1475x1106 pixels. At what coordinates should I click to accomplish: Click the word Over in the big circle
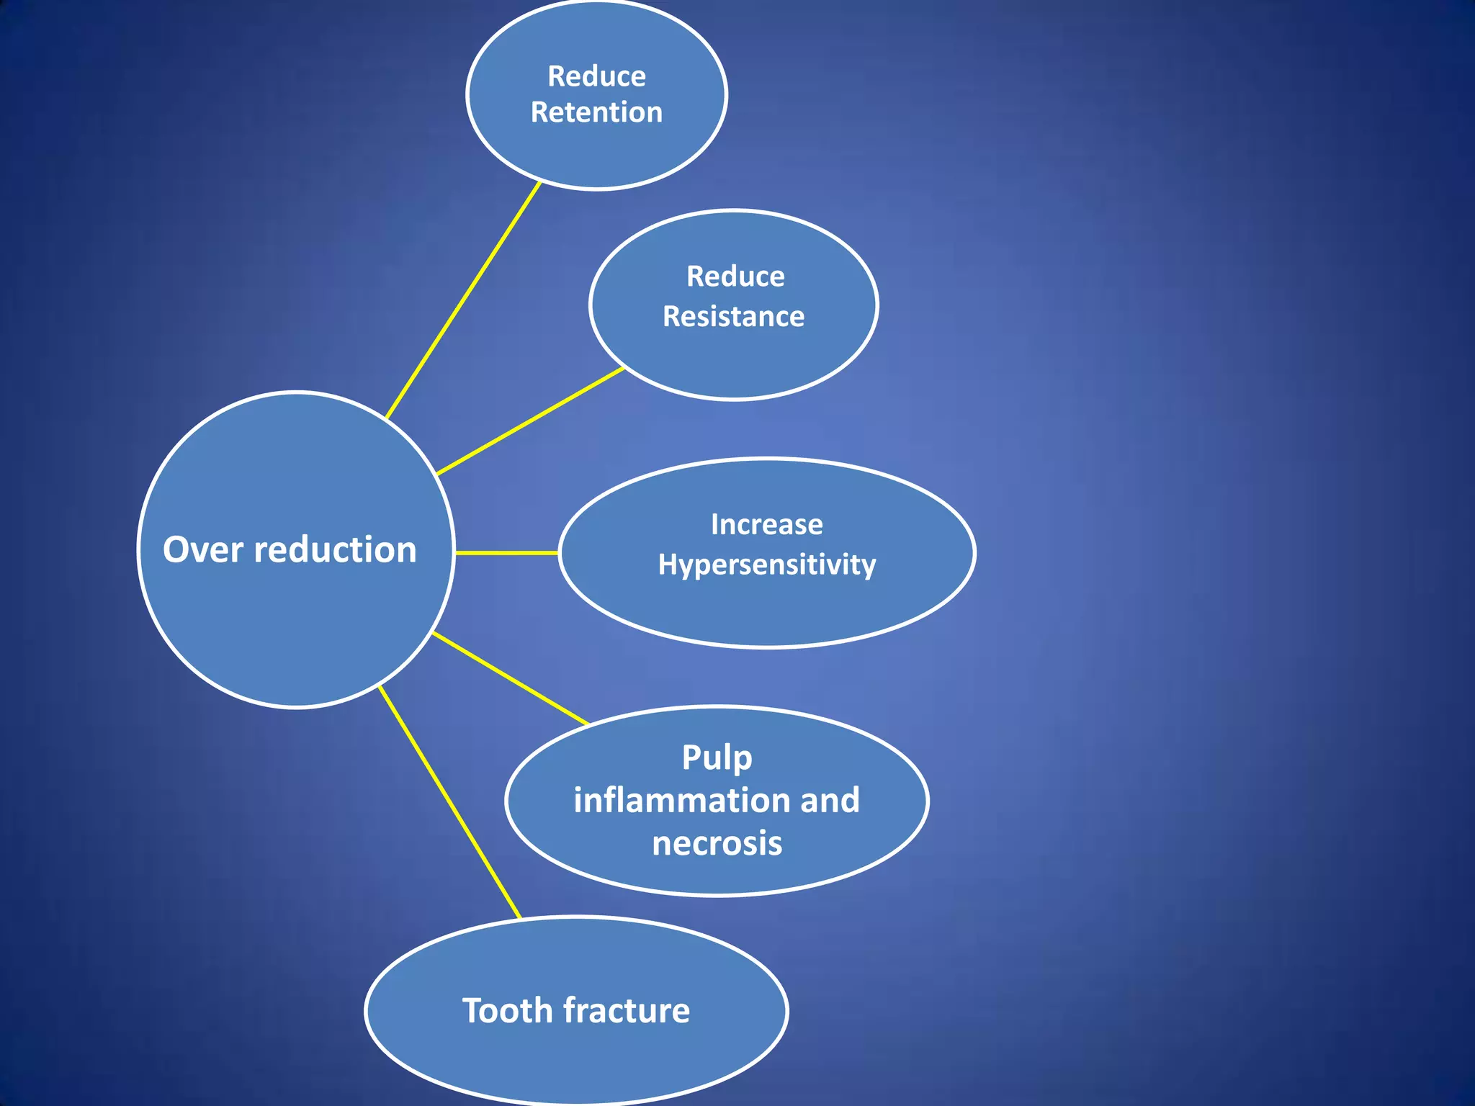click(203, 550)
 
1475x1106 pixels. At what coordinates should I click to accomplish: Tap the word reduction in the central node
click(335, 550)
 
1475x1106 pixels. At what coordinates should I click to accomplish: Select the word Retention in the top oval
click(596, 112)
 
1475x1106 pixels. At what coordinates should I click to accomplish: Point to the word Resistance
click(733, 317)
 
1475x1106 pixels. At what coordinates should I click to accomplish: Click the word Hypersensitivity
click(766, 565)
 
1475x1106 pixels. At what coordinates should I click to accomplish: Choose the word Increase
click(766, 524)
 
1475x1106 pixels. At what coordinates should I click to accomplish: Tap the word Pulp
click(717, 758)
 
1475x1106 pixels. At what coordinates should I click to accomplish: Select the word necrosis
click(717, 843)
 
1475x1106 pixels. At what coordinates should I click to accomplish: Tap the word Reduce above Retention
click(596, 76)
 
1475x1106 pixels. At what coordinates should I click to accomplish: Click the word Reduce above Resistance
click(735, 276)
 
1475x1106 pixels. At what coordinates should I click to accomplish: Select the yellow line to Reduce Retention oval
click(463, 300)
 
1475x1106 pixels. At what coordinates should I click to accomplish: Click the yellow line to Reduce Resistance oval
click(530, 421)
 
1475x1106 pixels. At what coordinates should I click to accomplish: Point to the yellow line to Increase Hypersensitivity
click(506, 553)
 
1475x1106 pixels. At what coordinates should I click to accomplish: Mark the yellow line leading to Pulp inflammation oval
click(510, 678)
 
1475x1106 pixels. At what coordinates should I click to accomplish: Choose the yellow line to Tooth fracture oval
click(449, 802)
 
